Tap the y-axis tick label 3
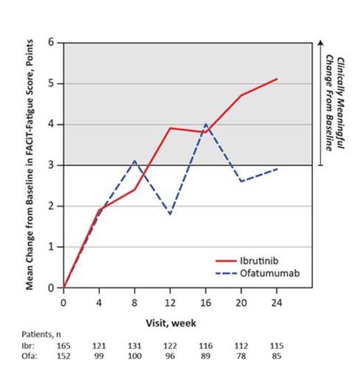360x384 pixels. click(x=51, y=165)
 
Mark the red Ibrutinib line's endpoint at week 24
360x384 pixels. click(x=277, y=79)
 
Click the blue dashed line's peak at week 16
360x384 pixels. click(x=206, y=125)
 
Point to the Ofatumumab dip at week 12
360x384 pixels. click(x=170, y=214)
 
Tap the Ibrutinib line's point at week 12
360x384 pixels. click(x=170, y=128)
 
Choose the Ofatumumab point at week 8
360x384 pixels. click(x=134, y=161)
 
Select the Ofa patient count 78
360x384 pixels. click(x=241, y=357)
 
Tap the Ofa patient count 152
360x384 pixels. click(x=64, y=357)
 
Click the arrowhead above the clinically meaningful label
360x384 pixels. click(x=321, y=44)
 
